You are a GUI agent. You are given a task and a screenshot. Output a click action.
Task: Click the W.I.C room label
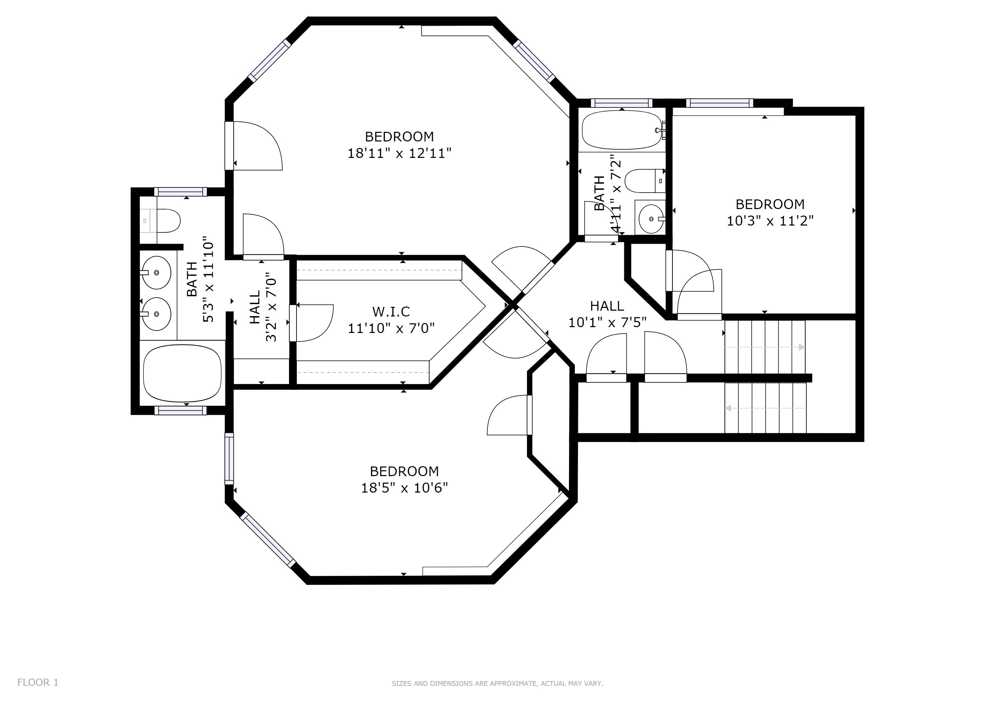(391, 312)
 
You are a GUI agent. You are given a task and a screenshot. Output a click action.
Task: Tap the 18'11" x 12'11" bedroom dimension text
(400, 153)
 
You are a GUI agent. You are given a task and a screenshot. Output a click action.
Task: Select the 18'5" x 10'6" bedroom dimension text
(404, 488)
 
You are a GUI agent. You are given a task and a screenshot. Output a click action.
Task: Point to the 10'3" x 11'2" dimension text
(770, 221)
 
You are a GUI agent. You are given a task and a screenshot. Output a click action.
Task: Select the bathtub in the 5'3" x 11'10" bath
(182, 373)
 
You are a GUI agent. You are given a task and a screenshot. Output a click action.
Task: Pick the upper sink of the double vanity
(156, 273)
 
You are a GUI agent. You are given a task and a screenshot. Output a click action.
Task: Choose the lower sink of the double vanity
(156, 314)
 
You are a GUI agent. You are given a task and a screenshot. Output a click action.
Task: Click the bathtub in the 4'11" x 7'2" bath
(622, 130)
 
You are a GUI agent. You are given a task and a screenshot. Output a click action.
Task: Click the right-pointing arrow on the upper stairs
(765, 347)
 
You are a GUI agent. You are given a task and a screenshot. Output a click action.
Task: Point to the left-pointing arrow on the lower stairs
(766, 408)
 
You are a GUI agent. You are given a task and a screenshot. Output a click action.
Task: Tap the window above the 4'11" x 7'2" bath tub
(622, 103)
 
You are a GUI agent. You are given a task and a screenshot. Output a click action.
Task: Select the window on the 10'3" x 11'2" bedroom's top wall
(720, 103)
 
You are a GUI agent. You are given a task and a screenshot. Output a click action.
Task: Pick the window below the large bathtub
(181, 411)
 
